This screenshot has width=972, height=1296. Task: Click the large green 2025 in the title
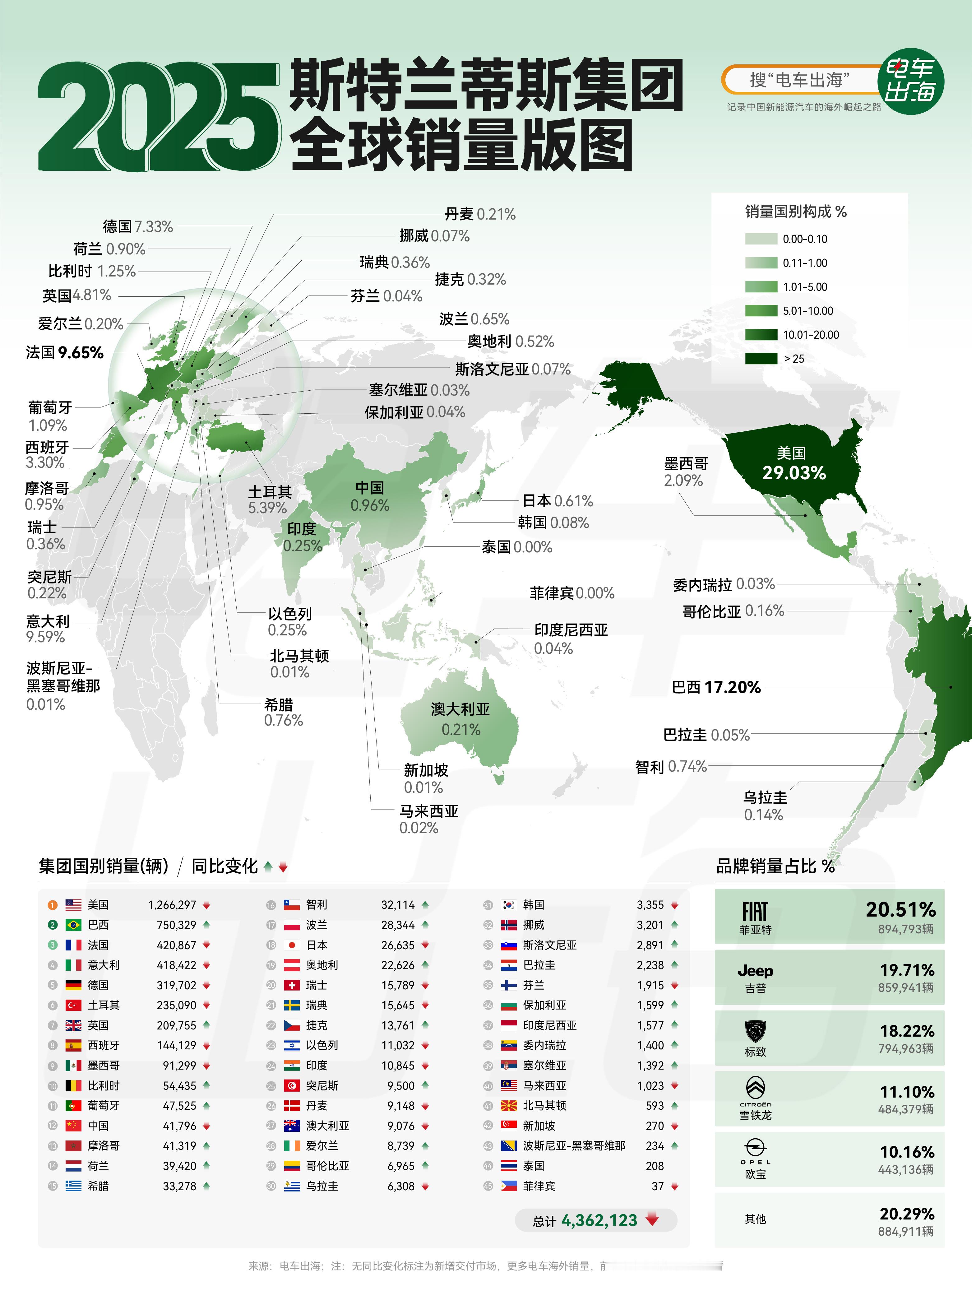[158, 117]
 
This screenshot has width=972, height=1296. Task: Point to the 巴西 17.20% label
[716, 687]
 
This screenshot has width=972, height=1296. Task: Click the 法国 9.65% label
[64, 353]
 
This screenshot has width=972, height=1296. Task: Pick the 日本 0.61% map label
[557, 501]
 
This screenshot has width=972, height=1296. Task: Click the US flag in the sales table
[73, 905]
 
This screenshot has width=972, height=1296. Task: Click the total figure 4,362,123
[599, 1220]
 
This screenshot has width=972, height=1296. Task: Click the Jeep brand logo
[755, 971]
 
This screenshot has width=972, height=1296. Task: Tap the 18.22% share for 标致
[907, 1031]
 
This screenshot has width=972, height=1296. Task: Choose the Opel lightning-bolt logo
[755, 1148]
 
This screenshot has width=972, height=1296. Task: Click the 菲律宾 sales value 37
[657, 1187]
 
